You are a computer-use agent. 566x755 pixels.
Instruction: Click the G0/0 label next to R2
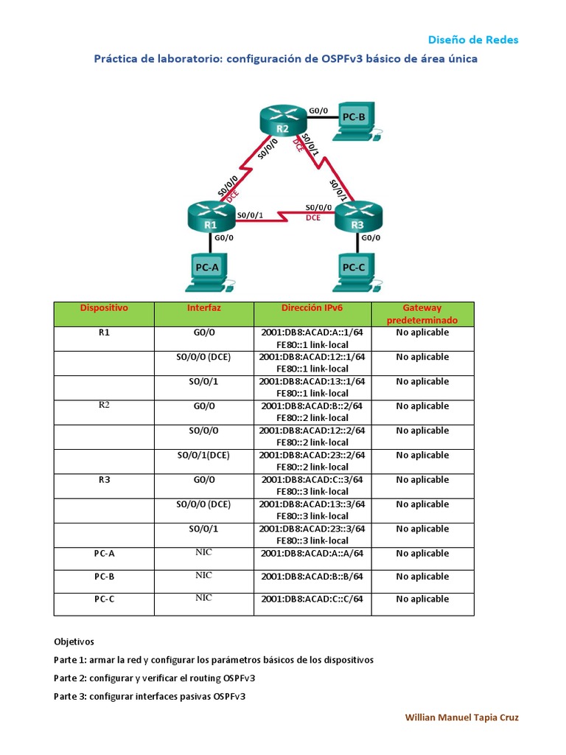(318, 111)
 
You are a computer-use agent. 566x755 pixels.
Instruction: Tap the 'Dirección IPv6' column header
(312, 308)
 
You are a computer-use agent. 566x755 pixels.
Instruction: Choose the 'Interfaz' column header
(204, 308)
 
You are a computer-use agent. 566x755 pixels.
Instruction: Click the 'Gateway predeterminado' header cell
(422, 314)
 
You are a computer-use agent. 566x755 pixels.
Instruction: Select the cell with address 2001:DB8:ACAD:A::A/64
(312, 554)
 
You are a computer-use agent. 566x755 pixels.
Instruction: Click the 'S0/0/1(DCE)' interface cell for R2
(204, 455)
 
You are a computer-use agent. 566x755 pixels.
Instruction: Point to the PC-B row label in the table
(104, 577)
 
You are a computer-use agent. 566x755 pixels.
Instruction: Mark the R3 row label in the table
(104, 480)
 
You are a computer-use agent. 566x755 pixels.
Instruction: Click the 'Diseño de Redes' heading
(473, 40)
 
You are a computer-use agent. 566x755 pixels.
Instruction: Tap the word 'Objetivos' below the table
(74, 641)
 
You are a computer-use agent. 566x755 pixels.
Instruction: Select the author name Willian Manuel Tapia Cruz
(462, 717)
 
